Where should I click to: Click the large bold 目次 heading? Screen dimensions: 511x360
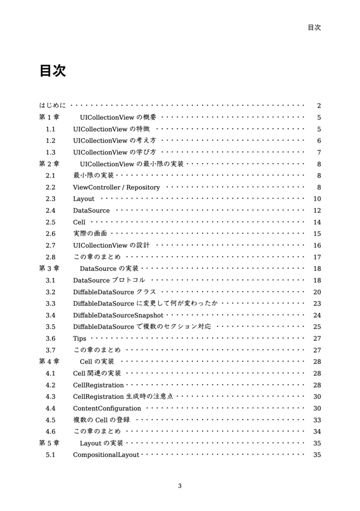pyautogui.click(x=52, y=71)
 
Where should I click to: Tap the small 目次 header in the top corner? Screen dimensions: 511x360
pyautogui.click(x=314, y=27)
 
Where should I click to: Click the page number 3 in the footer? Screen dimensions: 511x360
pyautogui.click(x=180, y=486)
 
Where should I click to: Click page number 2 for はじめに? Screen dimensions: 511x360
pyautogui.click(x=319, y=106)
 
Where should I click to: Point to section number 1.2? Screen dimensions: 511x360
pyautogui.click(x=50, y=141)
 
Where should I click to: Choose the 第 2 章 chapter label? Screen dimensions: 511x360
pyautogui.click(x=49, y=164)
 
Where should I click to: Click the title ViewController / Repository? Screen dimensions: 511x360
pyautogui.click(x=116, y=188)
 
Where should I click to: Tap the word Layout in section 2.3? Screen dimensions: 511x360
pyautogui.click(x=83, y=199)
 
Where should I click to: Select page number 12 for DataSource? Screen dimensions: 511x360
pyautogui.click(x=317, y=211)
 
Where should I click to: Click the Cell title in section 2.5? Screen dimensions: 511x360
pyautogui.click(x=79, y=222)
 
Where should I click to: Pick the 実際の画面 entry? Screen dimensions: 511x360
pyautogui.click(x=90, y=234)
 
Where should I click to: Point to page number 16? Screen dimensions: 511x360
pyautogui.click(x=317, y=246)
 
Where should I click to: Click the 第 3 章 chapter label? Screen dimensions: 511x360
pyautogui.click(x=49, y=268)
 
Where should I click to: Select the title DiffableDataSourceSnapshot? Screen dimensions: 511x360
pyautogui.click(x=118, y=315)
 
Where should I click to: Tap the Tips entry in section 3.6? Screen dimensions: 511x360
pyautogui.click(x=79, y=338)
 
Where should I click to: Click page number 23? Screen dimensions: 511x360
pyautogui.click(x=317, y=303)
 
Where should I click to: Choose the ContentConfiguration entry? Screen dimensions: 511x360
pyautogui.click(x=107, y=408)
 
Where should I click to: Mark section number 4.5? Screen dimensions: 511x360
pyautogui.click(x=50, y=420)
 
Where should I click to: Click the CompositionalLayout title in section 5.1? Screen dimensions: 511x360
pyautogui.click(x=106, y=455)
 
